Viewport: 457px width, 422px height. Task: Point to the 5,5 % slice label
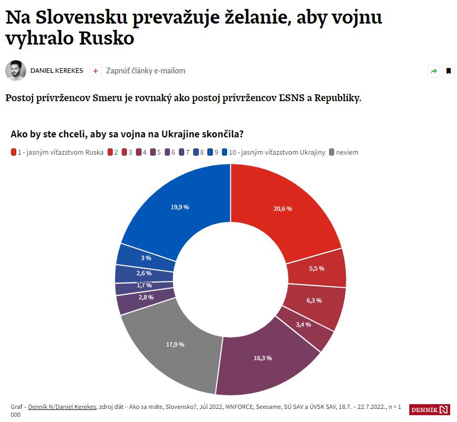[x=316, y=268]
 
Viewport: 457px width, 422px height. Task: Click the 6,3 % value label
[x=314, y=300]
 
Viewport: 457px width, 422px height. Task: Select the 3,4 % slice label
[x=303, y=324]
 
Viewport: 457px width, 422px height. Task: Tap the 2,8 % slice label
[x=146, y=297]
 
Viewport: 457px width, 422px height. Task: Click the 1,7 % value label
[x=144, y=285]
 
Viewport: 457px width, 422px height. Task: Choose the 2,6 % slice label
[x=144, y=273]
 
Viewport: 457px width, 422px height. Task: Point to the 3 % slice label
[x=146, y=258]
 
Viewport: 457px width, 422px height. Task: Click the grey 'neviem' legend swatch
[x=331, y=153]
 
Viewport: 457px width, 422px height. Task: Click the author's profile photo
[x=16, y=71]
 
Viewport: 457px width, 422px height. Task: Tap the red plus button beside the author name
[x=95, y=71]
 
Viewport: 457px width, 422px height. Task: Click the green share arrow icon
[x=434, y=71]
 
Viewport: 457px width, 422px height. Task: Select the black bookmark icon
[x=449, y=71]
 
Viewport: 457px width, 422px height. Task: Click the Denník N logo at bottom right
[x=430, y=409]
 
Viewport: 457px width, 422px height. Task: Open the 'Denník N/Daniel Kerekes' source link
[x=62, y=406]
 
